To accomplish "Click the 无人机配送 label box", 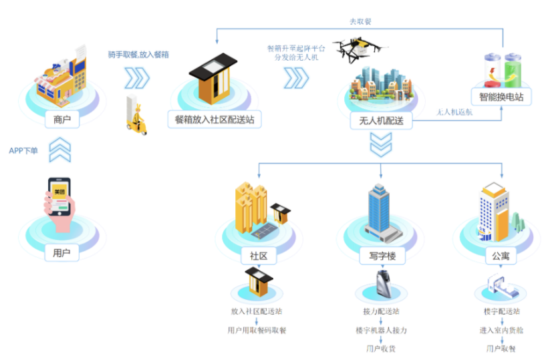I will click(x=381, y=120).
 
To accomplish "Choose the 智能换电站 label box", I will click(x=501, y=98).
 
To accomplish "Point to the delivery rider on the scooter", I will click(x=136, y=114).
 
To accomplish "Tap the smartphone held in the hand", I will click(x=59, y=196).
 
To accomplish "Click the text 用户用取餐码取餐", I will click(x=257, y=330).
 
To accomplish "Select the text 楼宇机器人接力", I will click(x=381, y=330).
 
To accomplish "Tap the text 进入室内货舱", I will click(x=501, y=330).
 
